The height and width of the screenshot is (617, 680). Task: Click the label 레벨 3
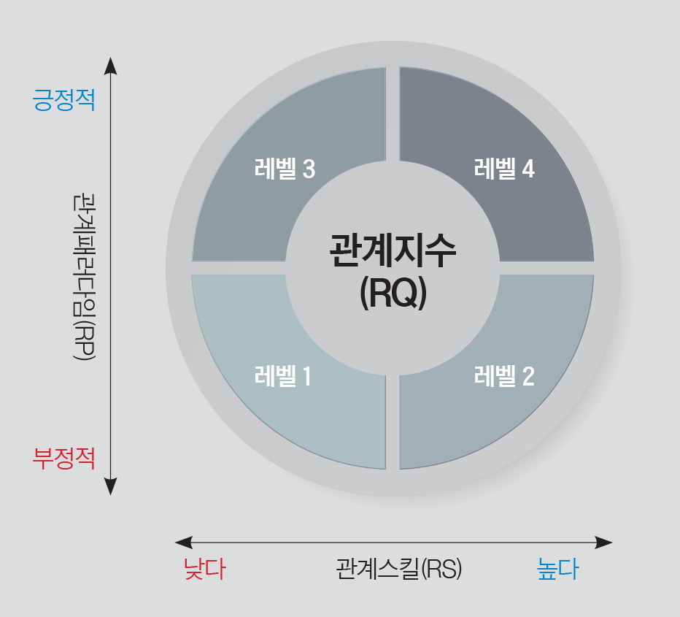click(x=285, y=169)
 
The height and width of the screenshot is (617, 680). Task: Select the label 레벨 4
click(x=504, y=169)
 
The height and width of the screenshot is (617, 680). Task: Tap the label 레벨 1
click(x=283, y=376)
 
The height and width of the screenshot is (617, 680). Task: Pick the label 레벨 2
click(x=504, y=376)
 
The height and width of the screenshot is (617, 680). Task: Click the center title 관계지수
click(x=393, y=250)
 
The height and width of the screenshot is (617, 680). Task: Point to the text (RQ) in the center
click(x=393, y=293)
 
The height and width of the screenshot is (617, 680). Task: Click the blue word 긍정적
click(x=63, y=100)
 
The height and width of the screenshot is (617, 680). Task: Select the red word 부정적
click(x=63, y=459)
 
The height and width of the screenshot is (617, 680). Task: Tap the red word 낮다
click(x=205, y=568)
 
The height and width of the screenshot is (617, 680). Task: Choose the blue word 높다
click(x=557, y=568)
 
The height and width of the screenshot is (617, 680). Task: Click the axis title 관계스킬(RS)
click(x=399, y=568)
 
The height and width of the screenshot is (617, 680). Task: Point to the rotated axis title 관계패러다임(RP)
click(x=84, y=277)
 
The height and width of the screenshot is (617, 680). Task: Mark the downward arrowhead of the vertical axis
click(x=111, y=487)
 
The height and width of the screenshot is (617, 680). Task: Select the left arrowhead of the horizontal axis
click(x=183, y=543)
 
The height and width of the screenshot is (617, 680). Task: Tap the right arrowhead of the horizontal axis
click(x=603, y=543)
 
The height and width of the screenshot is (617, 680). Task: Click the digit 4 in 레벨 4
click(x=528, y=169)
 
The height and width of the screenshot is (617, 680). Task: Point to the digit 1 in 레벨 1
click(x=307, y=376)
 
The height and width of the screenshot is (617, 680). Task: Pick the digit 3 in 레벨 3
click(x=309, y=169)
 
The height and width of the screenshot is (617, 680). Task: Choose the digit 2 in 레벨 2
click(x=528, y=376)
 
